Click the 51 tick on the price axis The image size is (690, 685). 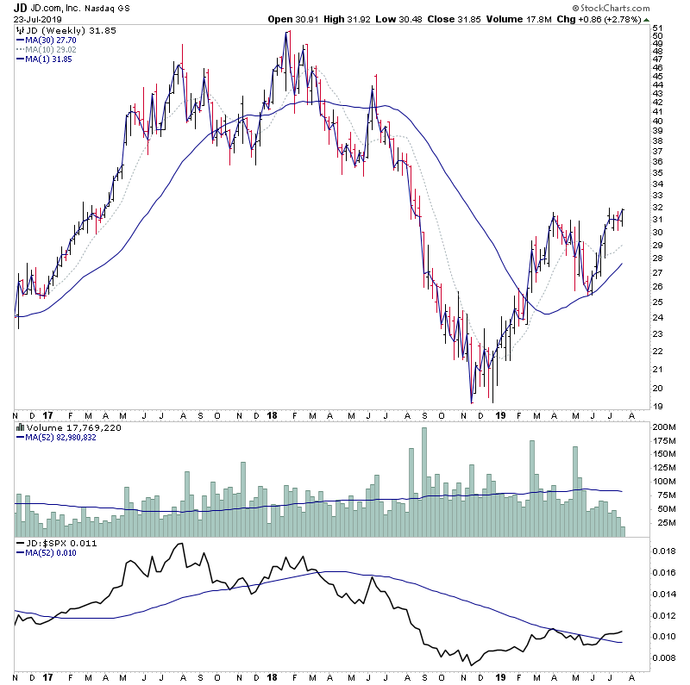point(657,28)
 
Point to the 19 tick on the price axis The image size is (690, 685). point(657,406)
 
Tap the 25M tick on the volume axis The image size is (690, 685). point(662,523)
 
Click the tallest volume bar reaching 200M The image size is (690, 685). point(423,483)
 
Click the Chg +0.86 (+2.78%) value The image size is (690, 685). point(618,20)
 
